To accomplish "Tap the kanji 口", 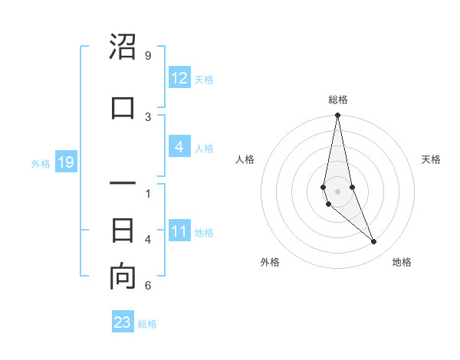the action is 123,108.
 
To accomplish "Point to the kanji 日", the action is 123,231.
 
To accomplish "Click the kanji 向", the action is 123,277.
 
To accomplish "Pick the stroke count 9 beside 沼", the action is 147,56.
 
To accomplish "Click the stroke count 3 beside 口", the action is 147,116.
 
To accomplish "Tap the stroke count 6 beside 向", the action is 147,286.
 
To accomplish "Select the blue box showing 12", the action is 179,78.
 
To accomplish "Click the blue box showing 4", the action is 179,147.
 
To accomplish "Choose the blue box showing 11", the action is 179,231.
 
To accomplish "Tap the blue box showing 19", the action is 65,162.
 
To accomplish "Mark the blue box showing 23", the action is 122,322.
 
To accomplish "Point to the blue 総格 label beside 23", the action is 147,323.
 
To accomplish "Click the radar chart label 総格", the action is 338,100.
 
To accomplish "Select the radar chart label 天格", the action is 431,159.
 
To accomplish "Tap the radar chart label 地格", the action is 402,262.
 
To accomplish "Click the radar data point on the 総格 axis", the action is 337,116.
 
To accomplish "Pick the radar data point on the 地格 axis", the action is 374,242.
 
